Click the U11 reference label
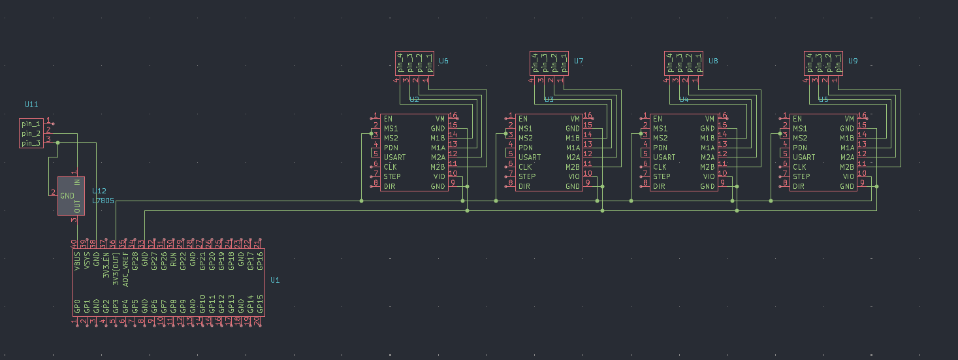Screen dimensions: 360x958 click(x=31, y=104)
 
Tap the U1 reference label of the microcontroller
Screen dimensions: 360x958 click(x=275, y=280)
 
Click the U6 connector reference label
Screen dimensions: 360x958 click(x=443, y=61)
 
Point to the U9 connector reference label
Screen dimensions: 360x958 click(x=852, y=61)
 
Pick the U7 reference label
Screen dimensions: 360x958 click(x=578, y=61)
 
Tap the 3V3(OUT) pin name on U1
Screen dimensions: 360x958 click(x=116, y=266)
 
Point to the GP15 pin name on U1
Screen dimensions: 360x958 click(x=260, y=303)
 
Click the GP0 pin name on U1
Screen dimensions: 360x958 click(x=77, y=306)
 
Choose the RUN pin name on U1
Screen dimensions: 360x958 click(x=173, y=263)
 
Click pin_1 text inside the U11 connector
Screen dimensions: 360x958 click(x=31, y=123)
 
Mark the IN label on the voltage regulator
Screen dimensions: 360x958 click(x=77, y=182)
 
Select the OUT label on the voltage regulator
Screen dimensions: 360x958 click(x=77, y=206)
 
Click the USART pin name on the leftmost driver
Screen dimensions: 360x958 click(x=394, y=157)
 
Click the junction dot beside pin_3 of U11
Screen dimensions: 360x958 click(x=58, y=142)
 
